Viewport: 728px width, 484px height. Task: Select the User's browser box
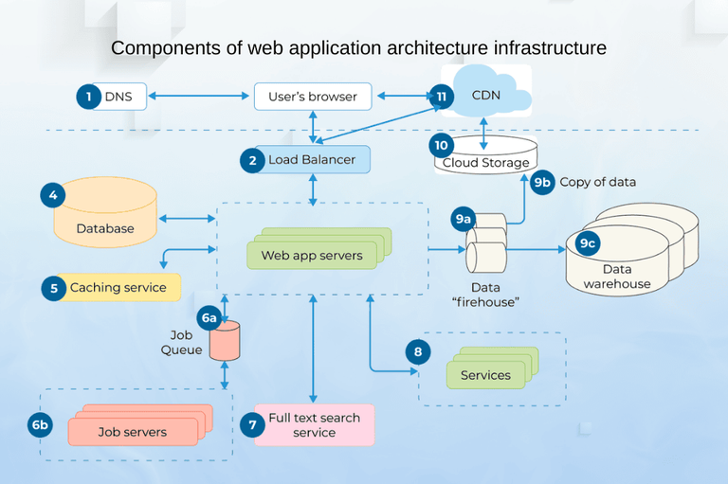click(x=312, y=96)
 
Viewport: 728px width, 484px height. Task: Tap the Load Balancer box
click(x=311, y=160)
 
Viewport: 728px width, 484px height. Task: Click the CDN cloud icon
click(x=486, y=92)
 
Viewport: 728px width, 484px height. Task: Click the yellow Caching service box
click(x=118, y=287)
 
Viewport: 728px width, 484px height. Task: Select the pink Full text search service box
click(x=314, y=424)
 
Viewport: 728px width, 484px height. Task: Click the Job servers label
click(x=132, y=432)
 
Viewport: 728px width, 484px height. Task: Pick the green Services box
click(x=485, y=375)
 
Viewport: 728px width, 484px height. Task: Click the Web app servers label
click(x=312, y=256)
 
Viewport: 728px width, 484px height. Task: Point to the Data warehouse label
click(x=617, y=277)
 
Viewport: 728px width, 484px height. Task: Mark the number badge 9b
click(x=542, y=182)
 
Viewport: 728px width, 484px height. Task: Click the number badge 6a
click(x=209, y=318)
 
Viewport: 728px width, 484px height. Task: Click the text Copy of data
click(x=597, y=182)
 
